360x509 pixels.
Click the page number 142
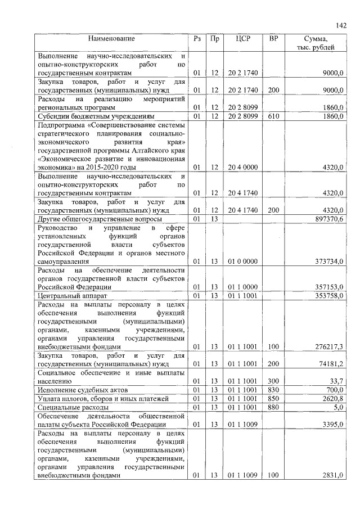[x=340, y=25]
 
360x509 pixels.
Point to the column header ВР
[x=273, y=39]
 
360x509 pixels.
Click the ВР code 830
[x=273, y=390]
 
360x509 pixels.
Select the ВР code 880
[x=273, y=407]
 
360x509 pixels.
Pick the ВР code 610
[x=273, y=116]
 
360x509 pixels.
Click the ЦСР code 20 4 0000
[x=243, y=168]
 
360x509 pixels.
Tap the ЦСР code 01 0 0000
[x=243, y=262]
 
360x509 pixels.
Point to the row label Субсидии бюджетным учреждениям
[x=93, y=116]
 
